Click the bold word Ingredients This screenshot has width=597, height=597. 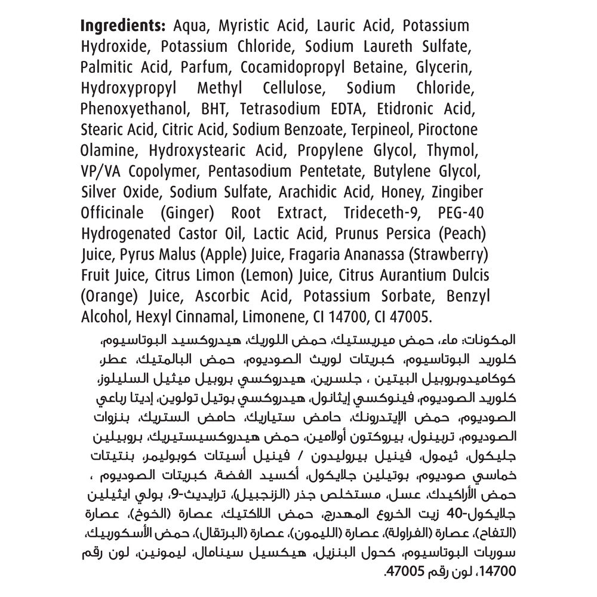122,26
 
